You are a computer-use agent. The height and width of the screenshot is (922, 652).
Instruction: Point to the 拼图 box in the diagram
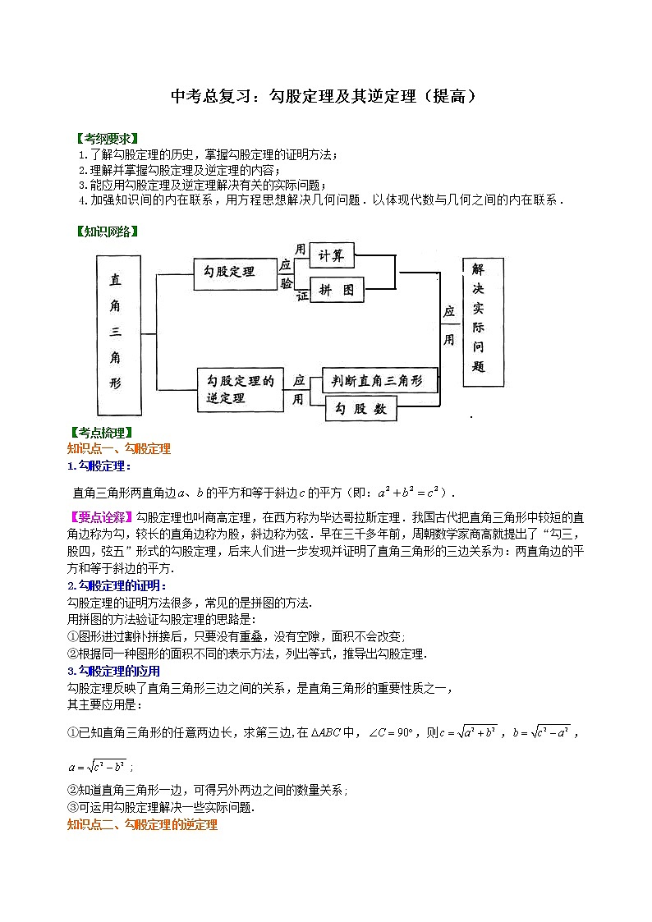click(x=336, y=290)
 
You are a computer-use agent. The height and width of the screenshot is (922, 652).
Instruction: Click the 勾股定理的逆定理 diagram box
click(x=240, y=389)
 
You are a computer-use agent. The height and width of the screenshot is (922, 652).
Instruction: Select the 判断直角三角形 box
click(x=379, y=381)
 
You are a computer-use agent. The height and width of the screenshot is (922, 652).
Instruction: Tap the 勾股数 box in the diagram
click(x=361, y=409)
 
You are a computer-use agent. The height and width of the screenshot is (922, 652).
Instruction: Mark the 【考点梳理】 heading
click(x=103, y=433)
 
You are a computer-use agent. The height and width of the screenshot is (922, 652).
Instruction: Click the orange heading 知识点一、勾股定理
click(x=118, y=448)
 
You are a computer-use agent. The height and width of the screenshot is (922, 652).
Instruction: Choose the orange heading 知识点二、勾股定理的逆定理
click(x=142, y=824)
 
